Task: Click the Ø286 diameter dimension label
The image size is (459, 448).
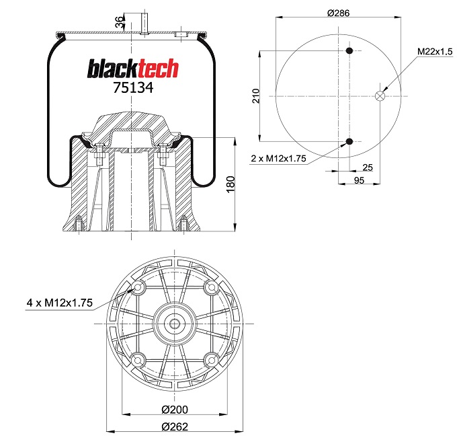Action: (x=338, y=13)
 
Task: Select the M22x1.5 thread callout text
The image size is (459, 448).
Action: (x=435, y=52)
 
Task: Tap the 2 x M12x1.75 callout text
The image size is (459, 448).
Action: (x=278, y=159)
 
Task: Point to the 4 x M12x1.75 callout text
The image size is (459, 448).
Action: (x=60, y=303)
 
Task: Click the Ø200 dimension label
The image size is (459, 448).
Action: (x=175, y=410)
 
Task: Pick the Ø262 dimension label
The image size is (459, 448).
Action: (x=175, y=426)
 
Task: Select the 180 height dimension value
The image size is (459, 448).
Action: (x=231, y=184)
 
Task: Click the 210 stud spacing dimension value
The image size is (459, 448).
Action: (x=256, y=96)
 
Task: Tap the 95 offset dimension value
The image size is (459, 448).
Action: (x=359, y=180)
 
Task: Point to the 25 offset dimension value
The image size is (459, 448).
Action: (x=368, y=167)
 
